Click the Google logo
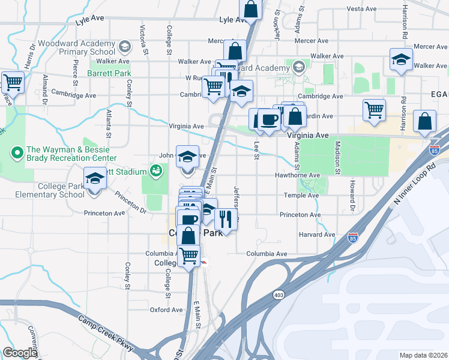(x=20, y=353)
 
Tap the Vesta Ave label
(x=361, y=9)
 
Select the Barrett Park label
(x=109, y=73)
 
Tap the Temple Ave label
(x=301, y=196)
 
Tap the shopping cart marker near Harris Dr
(x=12, y=82)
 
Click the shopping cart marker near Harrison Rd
(x=374, y=109)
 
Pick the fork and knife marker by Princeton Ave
(x=226, y=218)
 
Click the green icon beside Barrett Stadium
(x=156, y=172)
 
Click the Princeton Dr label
(x=131, y=202)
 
